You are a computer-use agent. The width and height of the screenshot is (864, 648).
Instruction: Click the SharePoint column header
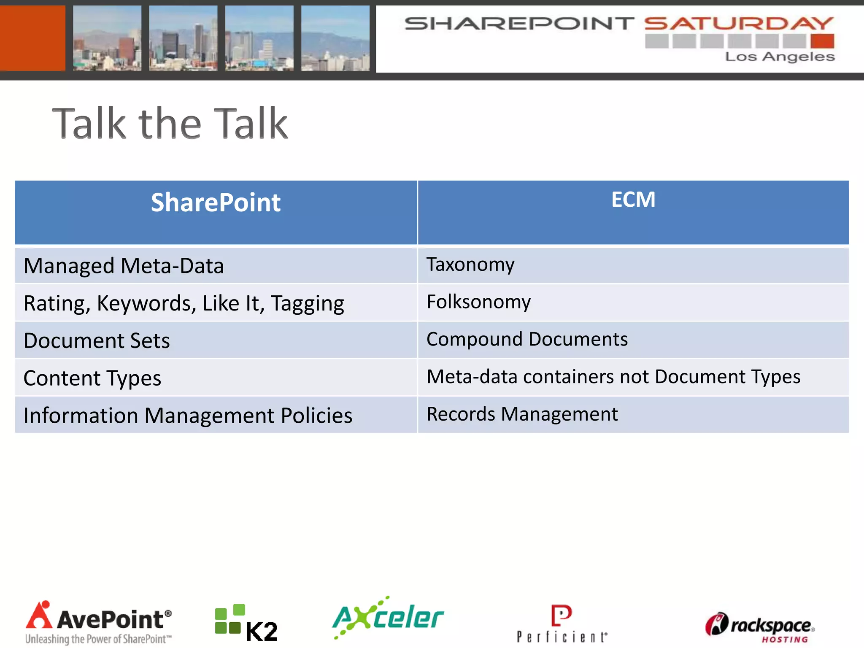pyautogui.click(x=216, y=203)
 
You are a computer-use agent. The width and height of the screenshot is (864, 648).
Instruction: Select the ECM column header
pyautogui.click(x=633, y=200)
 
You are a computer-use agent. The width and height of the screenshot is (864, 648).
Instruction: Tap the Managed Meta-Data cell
pyautogui.click(x=124, y=266)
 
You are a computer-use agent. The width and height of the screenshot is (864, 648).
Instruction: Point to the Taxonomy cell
pyautogui.click(x=470, y=265)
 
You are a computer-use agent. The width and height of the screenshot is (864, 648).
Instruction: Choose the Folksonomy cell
pyautogui.click(x=478, y=302)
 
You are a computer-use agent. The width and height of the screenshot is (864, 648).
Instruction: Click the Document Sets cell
pyautogui.click(x=97, y=341)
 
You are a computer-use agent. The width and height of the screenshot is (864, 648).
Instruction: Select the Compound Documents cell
pyautogui.click(x=527, y=340)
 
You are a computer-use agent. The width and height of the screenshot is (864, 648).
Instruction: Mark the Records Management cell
pyautogui.click(x=522, y=414)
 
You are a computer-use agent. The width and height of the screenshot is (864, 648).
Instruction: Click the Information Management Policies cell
pyautogui.click(x=188, y=416)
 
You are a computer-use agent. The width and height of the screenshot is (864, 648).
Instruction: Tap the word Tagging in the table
pyautogui.click(x=307, y=304)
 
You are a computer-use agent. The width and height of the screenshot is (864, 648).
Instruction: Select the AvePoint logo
pyautogui.click(x=99, y=623)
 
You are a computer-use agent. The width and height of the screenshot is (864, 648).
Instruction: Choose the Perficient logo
pyautogui.click(x=562, y=624)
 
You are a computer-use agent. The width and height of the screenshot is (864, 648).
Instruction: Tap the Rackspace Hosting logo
pyautogui.click(x=759, y=627)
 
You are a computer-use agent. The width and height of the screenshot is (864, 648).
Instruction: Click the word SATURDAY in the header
pyautogui.click(x=739, y=24)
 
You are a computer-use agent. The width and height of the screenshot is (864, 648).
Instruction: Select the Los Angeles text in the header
pyautogui.click(x=780, y=57)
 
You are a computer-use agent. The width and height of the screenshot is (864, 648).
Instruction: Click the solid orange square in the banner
pyautogui.click(x=32, y=38)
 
